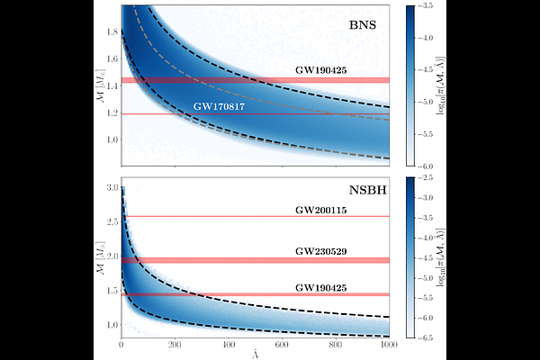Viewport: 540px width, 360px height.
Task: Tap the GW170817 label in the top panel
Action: (x=220, y=106)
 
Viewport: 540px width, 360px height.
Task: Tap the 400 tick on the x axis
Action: (x=229, y=345)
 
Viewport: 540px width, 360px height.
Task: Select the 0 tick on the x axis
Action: (x=121, y=345)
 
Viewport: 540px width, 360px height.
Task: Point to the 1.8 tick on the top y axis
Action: (x=111, y=31)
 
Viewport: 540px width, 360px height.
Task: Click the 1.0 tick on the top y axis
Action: (x=111, y=140)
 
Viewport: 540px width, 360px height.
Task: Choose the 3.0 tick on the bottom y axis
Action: (x=111, y=187)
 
